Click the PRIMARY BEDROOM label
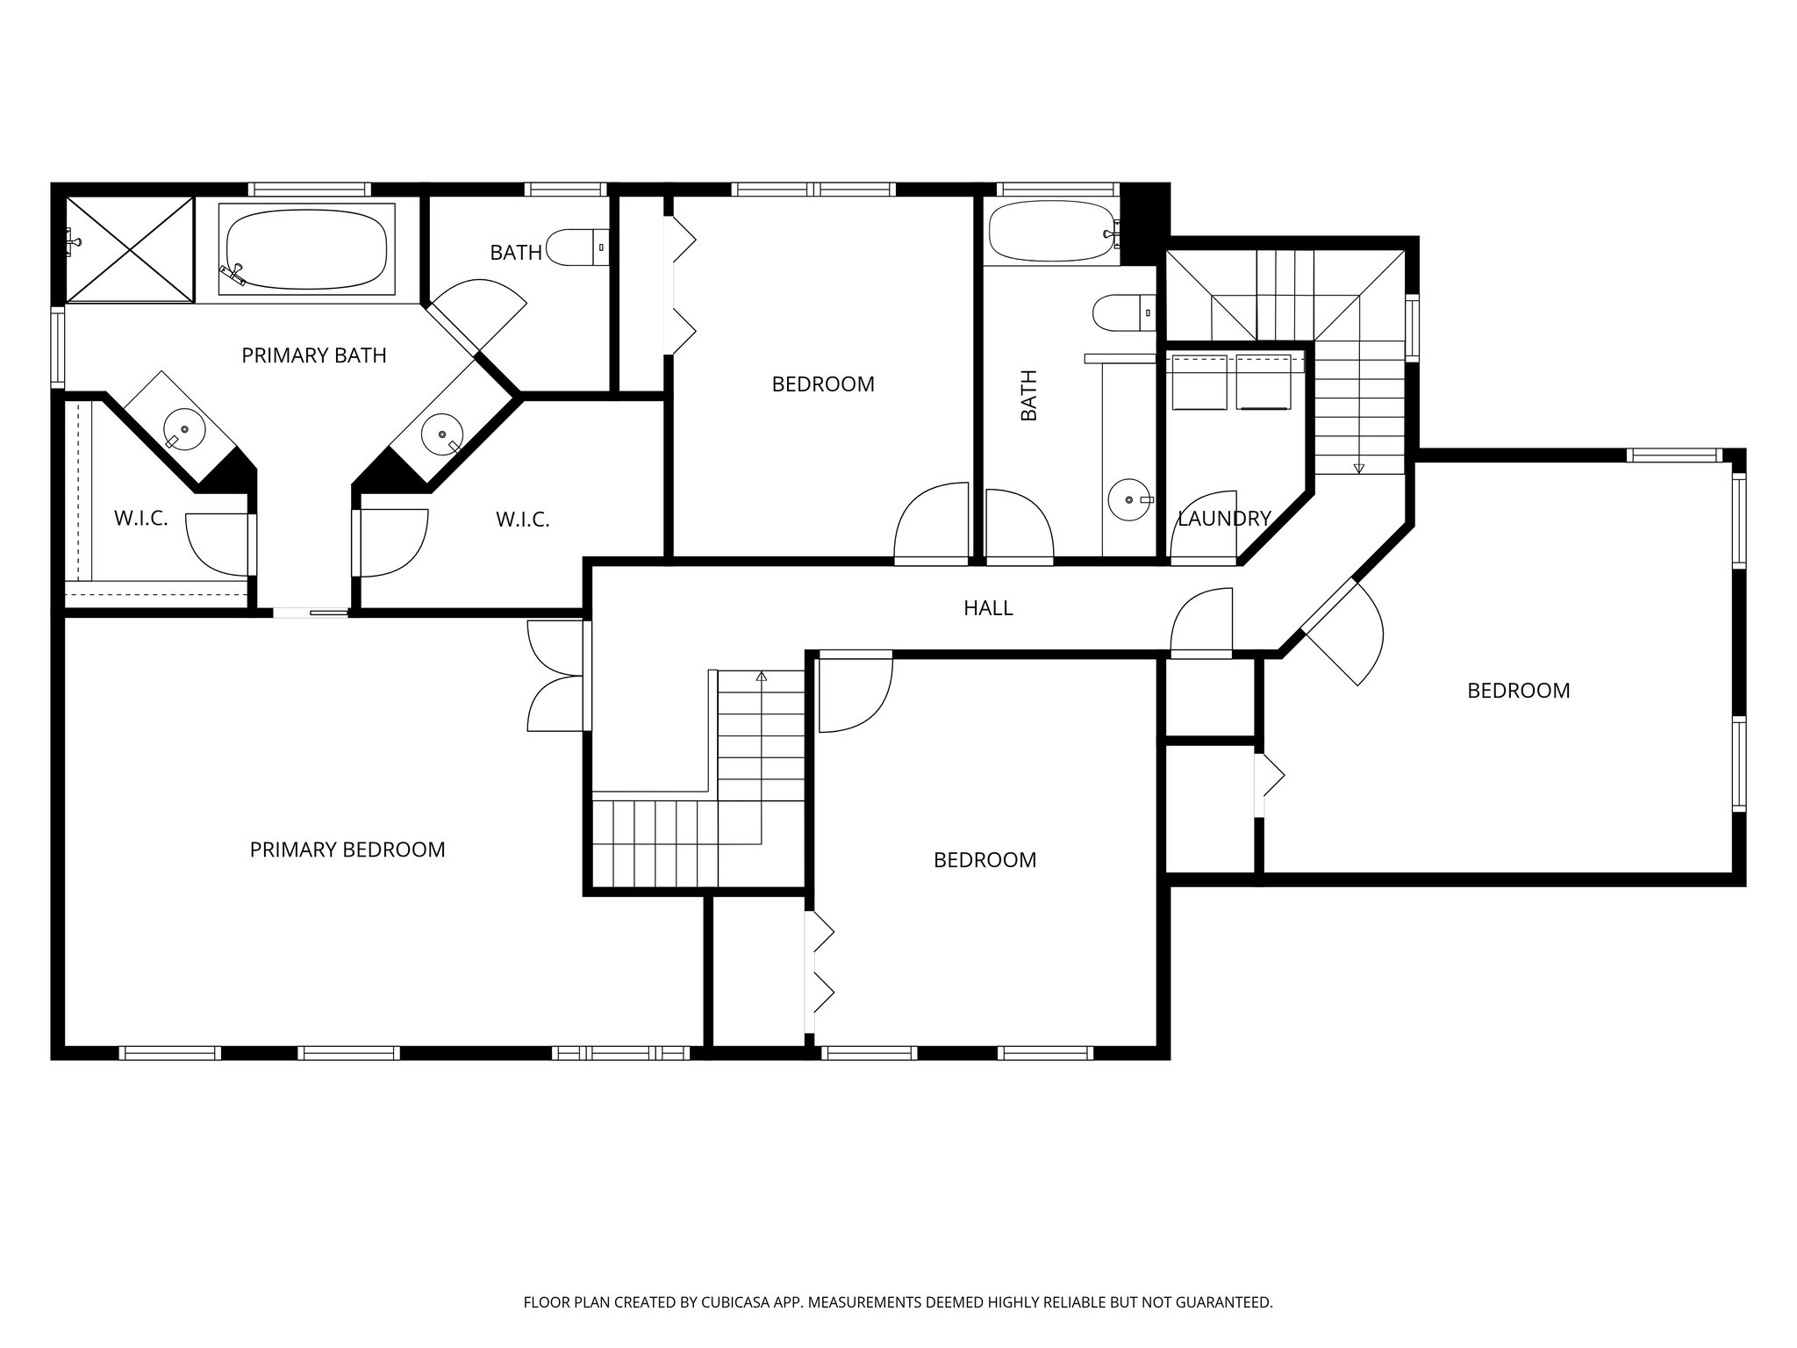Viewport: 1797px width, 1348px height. (347, 850)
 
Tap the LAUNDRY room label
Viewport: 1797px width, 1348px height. (1223, 519)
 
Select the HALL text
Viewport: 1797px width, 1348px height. (988, 608)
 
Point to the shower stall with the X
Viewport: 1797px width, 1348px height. (130, 249)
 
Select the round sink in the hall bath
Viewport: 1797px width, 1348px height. (1127, 499)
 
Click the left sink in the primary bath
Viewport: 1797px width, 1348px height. (183, 430)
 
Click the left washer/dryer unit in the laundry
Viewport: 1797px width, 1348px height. (1199, 382)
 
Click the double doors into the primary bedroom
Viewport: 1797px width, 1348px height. (556, 676)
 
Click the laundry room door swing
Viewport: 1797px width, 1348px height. (1205, 527)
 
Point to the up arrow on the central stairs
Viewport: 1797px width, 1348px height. (761, 677)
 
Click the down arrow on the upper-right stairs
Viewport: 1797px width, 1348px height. (1358, 468)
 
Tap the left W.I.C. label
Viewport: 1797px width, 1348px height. (140, 519)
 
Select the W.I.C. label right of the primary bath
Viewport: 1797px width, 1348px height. (522, 520)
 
